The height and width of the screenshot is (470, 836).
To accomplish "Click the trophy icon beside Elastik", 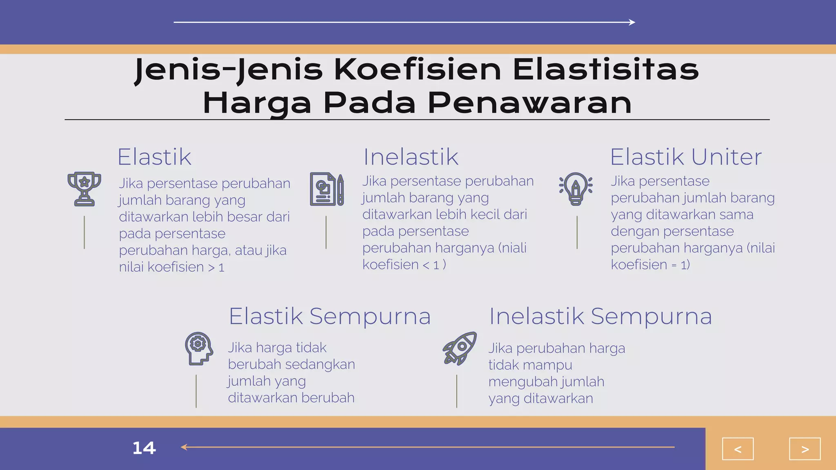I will (84, 189).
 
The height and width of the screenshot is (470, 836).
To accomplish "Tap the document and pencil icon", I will (327, 189).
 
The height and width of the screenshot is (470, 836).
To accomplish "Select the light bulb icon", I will (576, 188).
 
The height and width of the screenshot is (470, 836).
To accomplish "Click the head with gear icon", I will (199, 348).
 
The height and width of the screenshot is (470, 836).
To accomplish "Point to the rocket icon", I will (460, 348).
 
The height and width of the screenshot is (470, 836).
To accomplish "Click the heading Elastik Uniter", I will (686, 157).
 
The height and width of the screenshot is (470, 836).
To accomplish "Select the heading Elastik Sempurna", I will (329, 316).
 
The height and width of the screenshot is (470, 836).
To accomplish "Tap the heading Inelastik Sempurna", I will (600, 316).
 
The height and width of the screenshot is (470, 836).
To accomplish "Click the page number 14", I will (144, 448).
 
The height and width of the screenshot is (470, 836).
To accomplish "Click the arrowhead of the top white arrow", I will (632, 22).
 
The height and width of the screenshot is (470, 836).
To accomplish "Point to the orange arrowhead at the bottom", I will (184, 447).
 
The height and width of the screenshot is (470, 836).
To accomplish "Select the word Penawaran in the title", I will (529, 103).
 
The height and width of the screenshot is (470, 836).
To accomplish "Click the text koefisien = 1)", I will (650, 265).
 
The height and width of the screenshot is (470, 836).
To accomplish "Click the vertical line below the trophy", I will (84, 232).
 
